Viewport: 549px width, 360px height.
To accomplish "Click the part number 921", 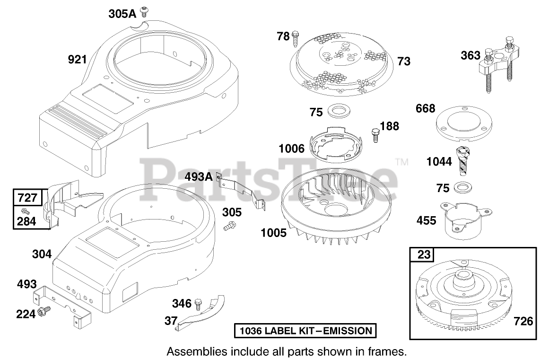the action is point(77,59).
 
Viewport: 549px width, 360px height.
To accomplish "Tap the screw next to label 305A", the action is point(143,12).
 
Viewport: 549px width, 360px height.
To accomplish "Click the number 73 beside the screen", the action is point(404,61).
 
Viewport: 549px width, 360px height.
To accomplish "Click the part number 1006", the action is point(291,149).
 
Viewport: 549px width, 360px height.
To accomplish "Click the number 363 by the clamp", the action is point(470,55).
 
